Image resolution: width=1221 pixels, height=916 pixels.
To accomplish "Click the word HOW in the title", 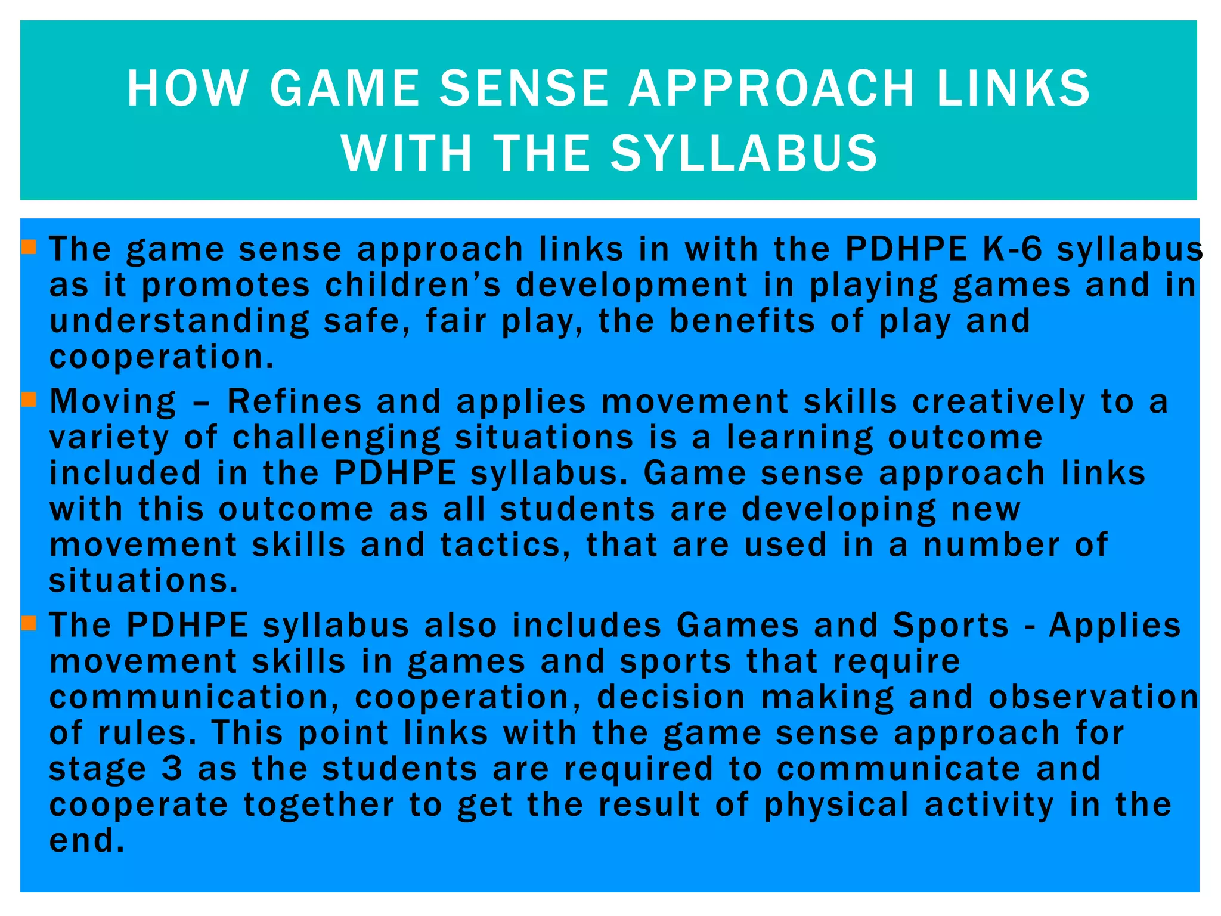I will click(187, 89).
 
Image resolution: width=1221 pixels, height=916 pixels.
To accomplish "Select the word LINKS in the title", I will click(1014, 89).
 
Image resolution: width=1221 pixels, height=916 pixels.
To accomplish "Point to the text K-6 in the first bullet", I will click(1012, 249).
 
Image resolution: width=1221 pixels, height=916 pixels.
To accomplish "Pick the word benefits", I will click(742, 321).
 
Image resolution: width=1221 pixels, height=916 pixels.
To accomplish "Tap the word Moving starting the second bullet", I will click(113, 401).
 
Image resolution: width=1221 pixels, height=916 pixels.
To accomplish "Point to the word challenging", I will click(336, 438).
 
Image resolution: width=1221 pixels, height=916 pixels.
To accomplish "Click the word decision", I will click(671, 697).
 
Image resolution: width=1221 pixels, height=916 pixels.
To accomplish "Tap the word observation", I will click(1093, 697).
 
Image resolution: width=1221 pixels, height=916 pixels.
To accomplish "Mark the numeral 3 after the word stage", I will click(172, 769).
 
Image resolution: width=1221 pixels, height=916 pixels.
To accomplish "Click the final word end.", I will click(86, 840).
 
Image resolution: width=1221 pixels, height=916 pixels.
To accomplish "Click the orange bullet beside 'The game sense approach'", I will click(29, 246).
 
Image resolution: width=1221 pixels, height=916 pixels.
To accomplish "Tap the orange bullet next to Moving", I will click(29, 398).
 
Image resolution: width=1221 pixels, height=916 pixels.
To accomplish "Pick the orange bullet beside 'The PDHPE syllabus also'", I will click(29, 623).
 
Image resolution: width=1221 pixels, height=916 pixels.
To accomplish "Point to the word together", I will click(318, 804).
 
